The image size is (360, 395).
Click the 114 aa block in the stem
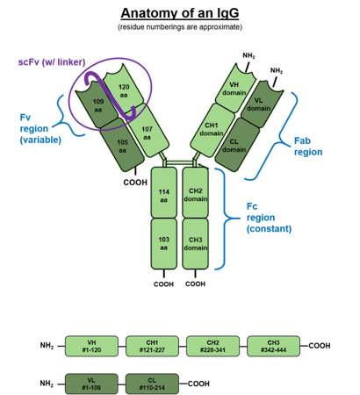pos(163,195)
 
